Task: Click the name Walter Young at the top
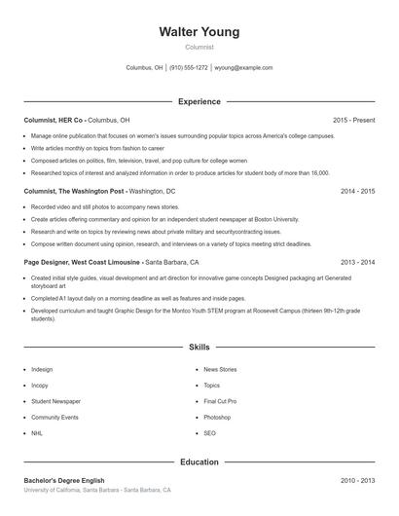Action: click(199, 32)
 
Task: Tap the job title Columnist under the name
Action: click(199, 47)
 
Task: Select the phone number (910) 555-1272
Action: click(189, 68)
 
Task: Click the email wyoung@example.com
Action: click(243, 68)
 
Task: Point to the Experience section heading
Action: click(199, 101)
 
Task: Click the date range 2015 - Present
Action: click(353, 120)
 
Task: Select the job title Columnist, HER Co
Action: click(54, 120)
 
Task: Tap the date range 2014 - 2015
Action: click(357, 192)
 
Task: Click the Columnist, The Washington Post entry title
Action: click(74, 192)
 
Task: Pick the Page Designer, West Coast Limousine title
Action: click(82, 263)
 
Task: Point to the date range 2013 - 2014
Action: click(357, 263)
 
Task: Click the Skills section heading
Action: click(199, 347)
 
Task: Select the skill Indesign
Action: click(42, 370)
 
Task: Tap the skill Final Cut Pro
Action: click(220, 401)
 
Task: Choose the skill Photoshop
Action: click(217, 417)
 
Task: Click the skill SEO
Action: click(209, 432)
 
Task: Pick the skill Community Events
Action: click(54, 417)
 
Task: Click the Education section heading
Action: click(199, 461)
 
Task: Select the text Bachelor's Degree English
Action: click(63, 481)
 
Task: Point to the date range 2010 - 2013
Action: click(357, 481)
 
